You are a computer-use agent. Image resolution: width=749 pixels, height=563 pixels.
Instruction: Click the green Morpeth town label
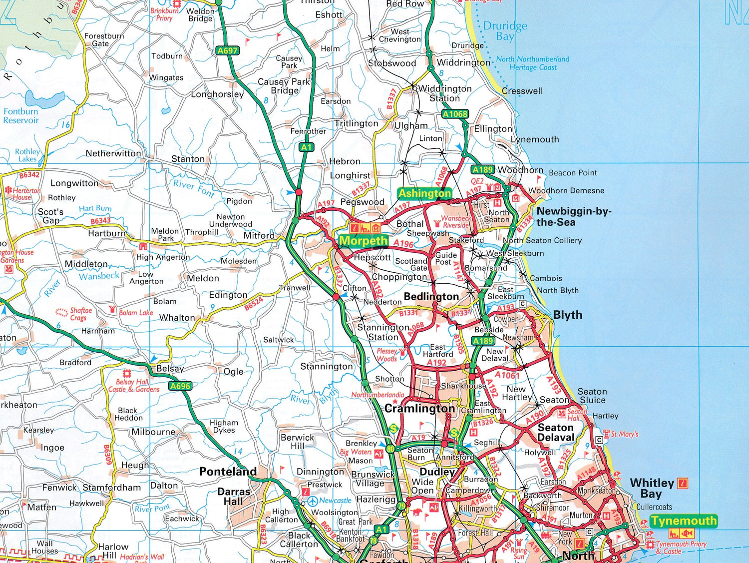(364, 241)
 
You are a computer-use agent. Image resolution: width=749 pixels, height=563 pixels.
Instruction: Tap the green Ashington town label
(424, 193)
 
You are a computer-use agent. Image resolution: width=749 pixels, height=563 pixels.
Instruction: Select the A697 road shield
(227, 50)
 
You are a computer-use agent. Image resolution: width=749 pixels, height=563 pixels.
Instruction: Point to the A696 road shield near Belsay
(180, 386)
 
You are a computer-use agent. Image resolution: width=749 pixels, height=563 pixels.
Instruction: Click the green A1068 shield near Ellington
(455, 114)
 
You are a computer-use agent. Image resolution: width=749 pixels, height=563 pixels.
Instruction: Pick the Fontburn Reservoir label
(20, 116)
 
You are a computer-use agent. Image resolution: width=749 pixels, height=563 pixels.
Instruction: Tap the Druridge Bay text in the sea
(505, 31)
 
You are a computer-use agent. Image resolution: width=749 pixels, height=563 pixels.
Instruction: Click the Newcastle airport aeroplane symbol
(313, 501)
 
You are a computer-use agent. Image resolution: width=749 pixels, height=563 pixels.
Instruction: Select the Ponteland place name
(228, 471)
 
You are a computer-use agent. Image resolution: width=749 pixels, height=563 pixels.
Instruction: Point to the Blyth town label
(567, 315)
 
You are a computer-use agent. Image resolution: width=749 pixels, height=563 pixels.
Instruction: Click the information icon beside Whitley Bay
(683, 483)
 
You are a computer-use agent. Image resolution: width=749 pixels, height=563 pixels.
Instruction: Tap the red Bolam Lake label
(135, 313)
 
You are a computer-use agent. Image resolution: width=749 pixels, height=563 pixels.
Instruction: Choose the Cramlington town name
(419, 408)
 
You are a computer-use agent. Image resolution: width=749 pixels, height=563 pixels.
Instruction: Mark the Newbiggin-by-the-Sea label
(573, 216)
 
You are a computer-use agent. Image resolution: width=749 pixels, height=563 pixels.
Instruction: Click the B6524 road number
(253, 304)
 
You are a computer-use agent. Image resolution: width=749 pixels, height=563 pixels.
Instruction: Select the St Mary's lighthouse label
(624, 434)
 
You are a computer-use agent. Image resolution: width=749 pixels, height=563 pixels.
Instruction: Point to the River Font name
(194, 188)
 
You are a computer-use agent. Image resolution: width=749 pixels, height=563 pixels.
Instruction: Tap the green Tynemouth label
(684, 521)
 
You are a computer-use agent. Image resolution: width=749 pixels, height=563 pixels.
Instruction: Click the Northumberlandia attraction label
(377, 395)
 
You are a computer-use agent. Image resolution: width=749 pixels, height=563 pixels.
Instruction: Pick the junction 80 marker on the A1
(390, 449)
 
